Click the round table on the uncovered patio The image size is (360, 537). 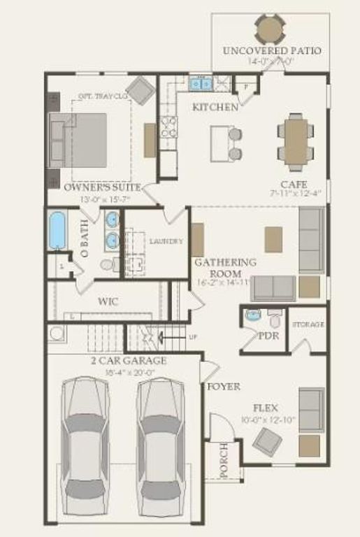point(270,29)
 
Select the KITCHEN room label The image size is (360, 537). point(215,107)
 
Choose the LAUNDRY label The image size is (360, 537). point(166,242)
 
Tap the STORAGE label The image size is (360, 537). point(308,325)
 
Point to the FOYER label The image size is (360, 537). point(224,386)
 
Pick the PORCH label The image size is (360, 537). point(224,460)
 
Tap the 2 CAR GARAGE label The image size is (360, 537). point(129,361)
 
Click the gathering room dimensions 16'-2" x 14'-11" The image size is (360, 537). point(224,283)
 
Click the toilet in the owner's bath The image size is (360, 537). point(108,265)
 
